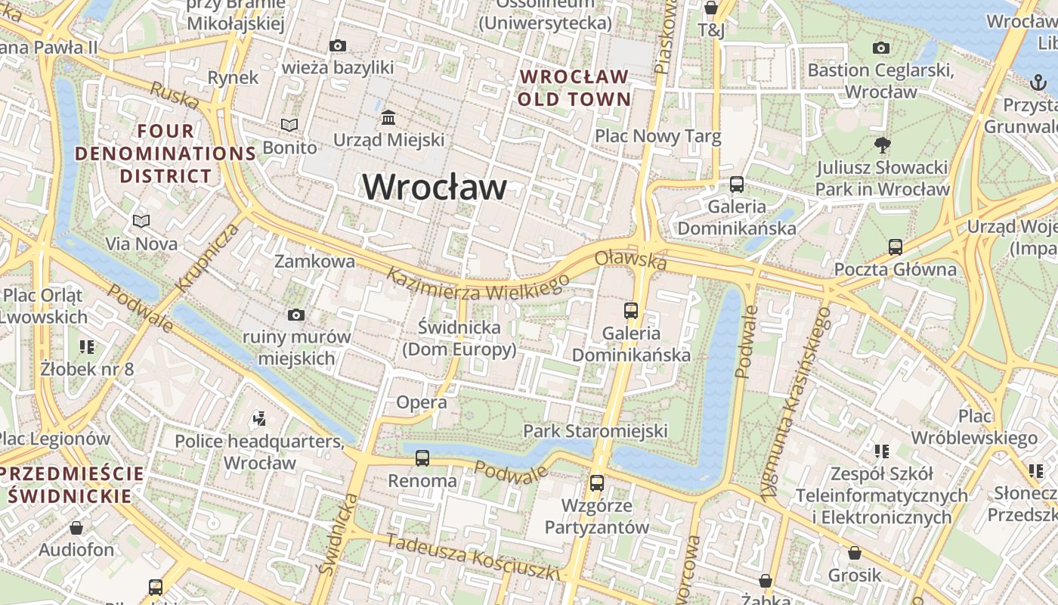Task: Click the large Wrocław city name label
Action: pyautogui.click(x=435, y=187)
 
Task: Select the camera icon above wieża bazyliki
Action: pyautogui.click(x=338, y=46)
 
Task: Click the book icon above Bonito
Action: pyautogui.click(x=289, y=125)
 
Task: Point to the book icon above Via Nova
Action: pyautogui.click(x=141, y=221)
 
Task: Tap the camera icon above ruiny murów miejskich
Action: pyautogui.click(x=296, y=315)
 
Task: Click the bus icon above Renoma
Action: pyautogui.click(x=422, y=458)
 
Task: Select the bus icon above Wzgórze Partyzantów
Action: pyautogui.click(x=597, y=482)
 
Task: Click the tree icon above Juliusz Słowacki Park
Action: pyautogui.click(x=882, y=144)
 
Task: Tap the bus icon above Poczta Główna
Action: pyautogui.click(x=896, y=247)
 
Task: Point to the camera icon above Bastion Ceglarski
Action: pyautogui.click(x=881, y=48)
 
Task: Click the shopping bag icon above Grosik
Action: pyautogui.click(x=855, y=553)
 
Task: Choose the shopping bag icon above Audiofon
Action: pyautogui.click(x=76, y=527)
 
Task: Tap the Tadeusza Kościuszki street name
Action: pyautogui.click(x=473, y=557)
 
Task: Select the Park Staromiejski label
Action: pyautogui.click(x=596, y=431)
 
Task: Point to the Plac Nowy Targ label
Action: pyautogui.click(x=657, y=137)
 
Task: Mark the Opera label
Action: pyautogui.click(x=422, y=402)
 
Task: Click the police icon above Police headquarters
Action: pyautogui.click(x=260, y=418)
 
